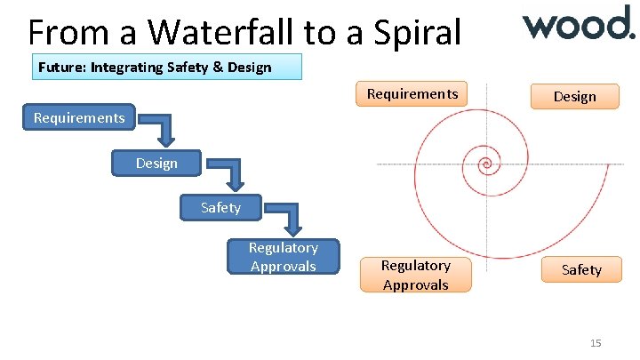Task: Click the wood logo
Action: coord(578,23)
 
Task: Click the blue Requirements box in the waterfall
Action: coord(79,117)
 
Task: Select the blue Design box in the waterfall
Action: coord(156,163)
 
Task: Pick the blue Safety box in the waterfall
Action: coord(220,207)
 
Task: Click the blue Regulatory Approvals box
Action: coord(283,256)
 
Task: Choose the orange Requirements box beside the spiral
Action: coord(412,93)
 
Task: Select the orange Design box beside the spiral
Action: coord(574,96)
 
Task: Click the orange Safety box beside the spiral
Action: coord(581,269)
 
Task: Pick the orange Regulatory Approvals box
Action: coord(415,274)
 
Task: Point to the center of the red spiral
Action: coord(485,164)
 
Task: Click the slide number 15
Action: coord(596,343)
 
